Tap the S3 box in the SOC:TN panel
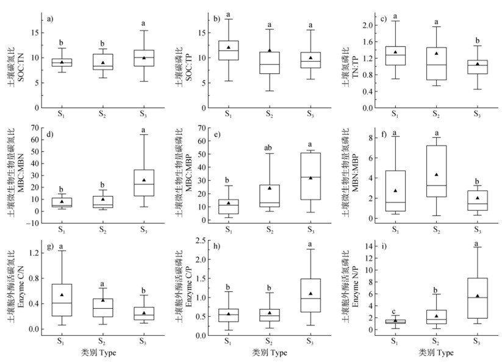point(144,58)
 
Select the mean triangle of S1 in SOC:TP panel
point(228,47)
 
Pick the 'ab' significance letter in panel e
point(269,147)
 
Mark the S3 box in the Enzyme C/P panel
point(310,295)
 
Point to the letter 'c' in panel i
point(395,310)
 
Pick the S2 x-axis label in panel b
point(269,114)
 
